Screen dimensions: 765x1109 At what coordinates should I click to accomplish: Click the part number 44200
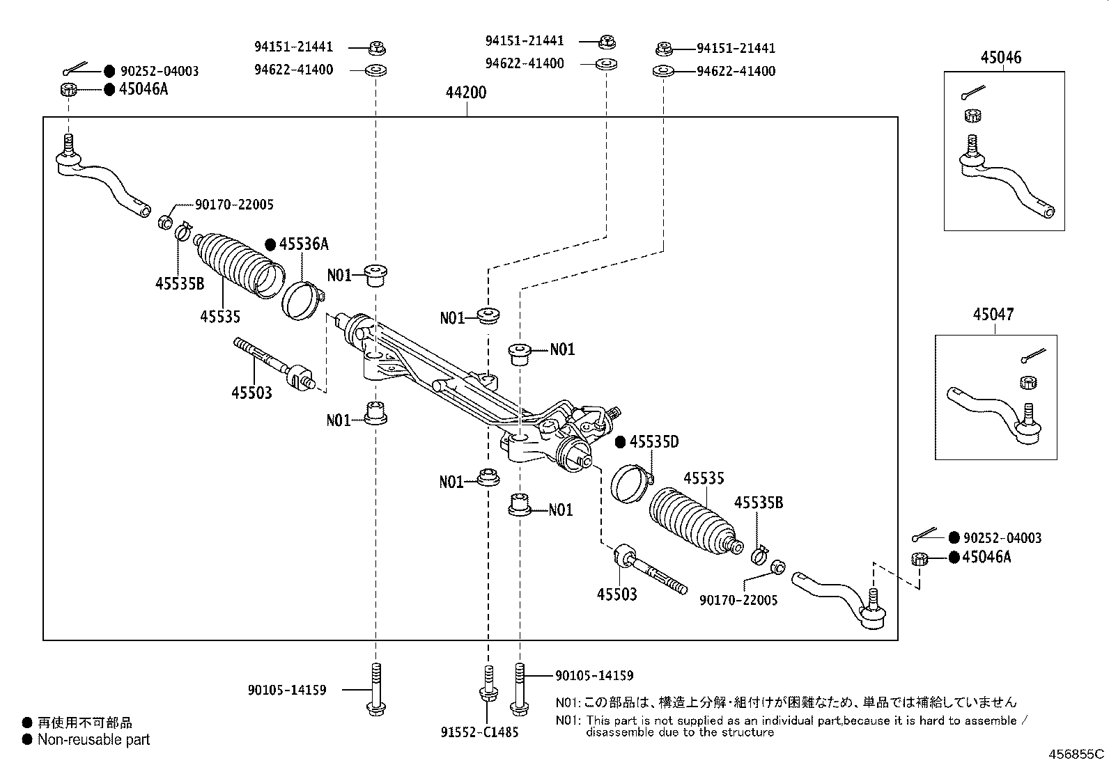pyautogui.click(x=466, y=93)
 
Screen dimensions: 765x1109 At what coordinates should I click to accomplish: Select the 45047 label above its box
pyautogui.click(x=993, y=315)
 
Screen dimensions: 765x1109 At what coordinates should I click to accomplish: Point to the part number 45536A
pyautogui.click(x=304, y=244)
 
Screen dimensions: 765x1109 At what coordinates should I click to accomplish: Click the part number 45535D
pyautogui.click(x=654, y=442)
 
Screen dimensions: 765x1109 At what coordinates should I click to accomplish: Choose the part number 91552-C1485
pyautogui.click(x=480, y=732)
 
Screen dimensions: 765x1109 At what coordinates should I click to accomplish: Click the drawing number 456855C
pyautogui.click(x=1077, y=755)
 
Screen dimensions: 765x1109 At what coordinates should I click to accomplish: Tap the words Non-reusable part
pyautogui.click(x=93, y=739)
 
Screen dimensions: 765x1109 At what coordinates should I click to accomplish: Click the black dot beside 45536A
pyautogui.click(x=271, y=244)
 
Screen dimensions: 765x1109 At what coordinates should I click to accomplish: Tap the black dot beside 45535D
pyautogui.click(x=621, y=442)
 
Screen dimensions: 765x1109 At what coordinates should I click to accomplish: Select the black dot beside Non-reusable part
pyautogui.click(x=27, y=739)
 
